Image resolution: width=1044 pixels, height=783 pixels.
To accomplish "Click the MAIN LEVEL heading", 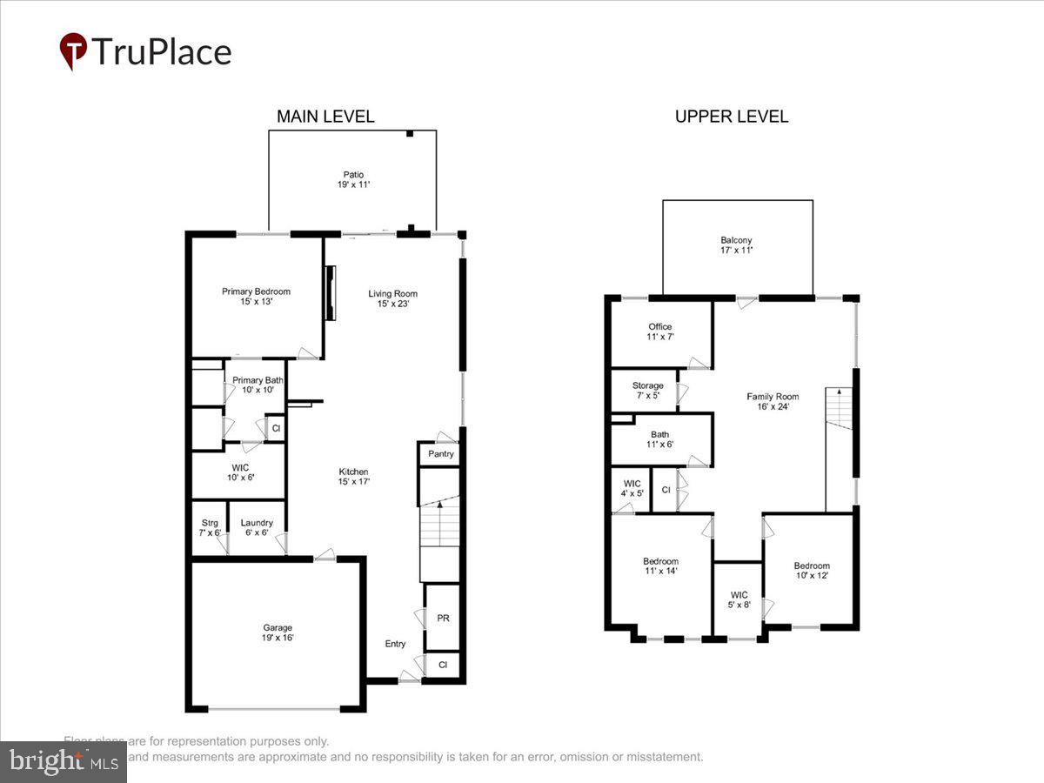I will [x=325, y=117].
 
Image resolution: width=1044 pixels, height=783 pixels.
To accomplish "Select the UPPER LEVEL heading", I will [x=732, y=117].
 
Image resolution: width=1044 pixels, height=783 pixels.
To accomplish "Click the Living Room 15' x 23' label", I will [x=393, y=298].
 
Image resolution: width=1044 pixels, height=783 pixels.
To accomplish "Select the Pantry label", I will [x=441, y=454].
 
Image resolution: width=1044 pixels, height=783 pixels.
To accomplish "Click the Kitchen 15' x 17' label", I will [x=354, y=477].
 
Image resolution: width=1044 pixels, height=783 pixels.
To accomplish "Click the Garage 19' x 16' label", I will [x=278, y=632].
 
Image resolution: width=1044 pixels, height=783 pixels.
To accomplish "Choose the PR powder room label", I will [x=443, y=618].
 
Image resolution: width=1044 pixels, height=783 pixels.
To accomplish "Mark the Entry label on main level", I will [x=395, y=644].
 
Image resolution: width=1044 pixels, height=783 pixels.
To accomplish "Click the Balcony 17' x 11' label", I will [x=736, y=245].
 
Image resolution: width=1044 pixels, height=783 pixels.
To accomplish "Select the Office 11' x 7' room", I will [x=660, y=332].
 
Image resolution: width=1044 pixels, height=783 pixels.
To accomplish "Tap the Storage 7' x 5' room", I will [x=647, y=391].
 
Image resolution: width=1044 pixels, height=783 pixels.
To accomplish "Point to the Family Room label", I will [x=773, y=401].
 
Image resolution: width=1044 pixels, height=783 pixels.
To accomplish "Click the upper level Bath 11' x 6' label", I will [x=659, y=439].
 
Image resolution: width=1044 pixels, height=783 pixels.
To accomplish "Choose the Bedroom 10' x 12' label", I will [x=812, y=571].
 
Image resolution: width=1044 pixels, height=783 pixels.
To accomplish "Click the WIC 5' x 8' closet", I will [x=738, y=600].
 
